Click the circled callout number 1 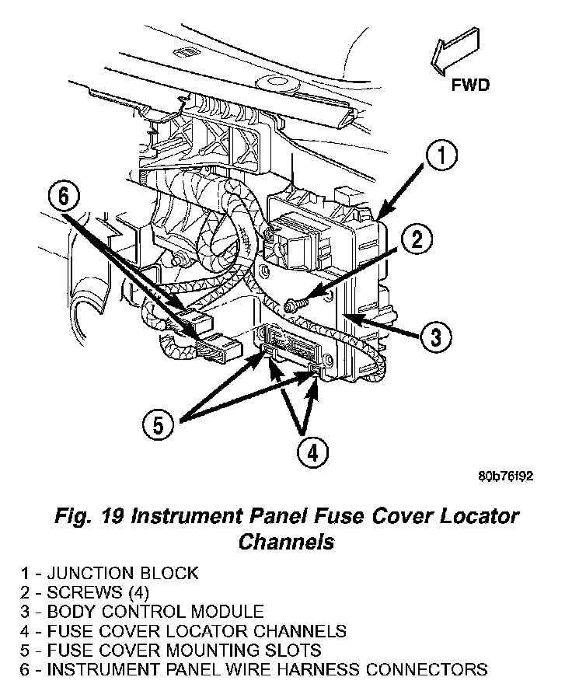440,156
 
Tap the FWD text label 470,85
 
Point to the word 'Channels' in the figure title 286,541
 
